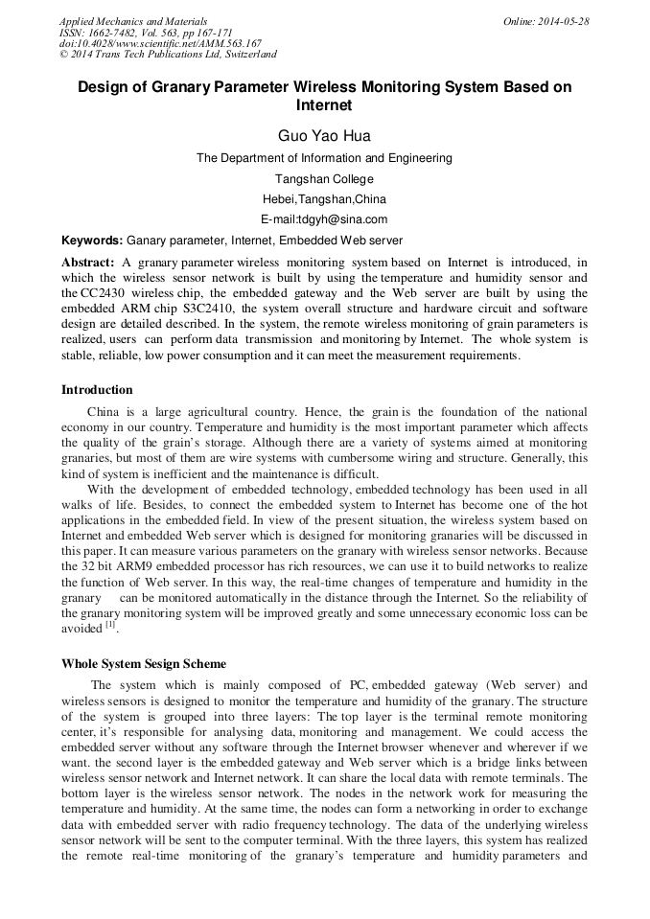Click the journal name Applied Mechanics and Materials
133,21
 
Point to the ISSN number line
146,33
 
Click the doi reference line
160,44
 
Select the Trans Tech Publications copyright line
168,56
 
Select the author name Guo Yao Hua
324,136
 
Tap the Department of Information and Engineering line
324,158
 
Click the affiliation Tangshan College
324,179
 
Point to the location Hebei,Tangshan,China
324,199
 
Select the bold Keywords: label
92,241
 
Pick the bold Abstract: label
88,262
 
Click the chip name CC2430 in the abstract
104,292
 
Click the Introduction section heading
97,390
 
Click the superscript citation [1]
110,625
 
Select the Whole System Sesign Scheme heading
144,663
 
